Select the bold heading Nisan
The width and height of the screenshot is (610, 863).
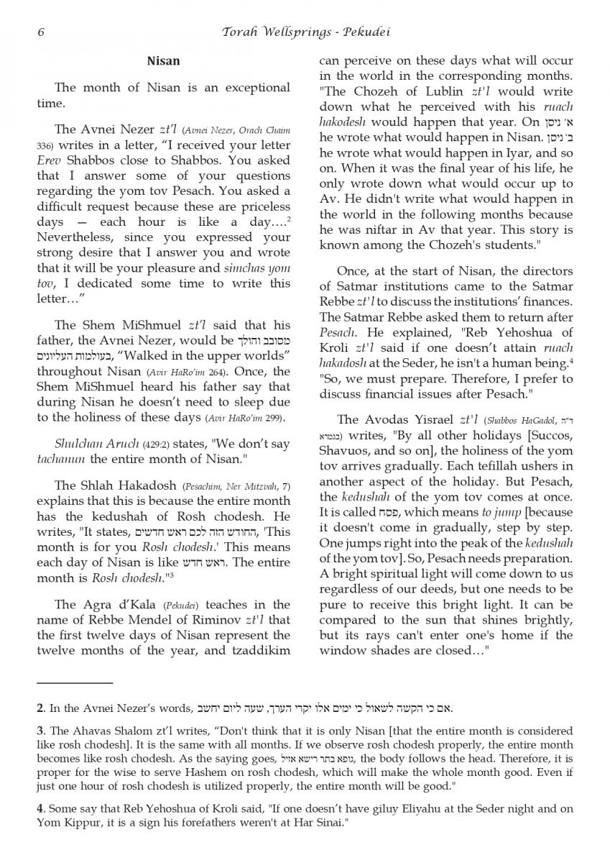(x=163, y=61)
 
